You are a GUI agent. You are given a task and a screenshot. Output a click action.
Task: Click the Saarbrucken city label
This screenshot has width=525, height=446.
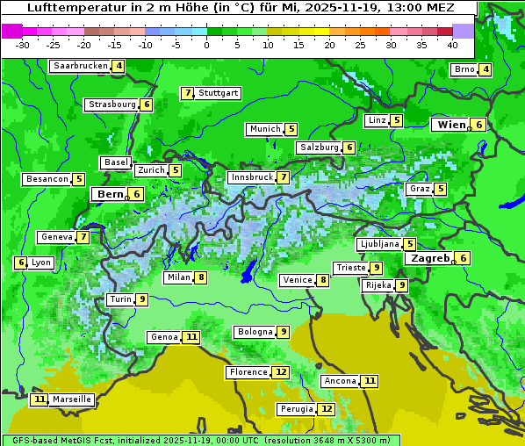pos(80,66)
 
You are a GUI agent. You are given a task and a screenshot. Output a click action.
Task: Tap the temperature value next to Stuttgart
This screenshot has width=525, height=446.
pos(187,93)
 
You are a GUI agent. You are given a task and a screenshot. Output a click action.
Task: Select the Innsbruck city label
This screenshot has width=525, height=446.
pos(250,177)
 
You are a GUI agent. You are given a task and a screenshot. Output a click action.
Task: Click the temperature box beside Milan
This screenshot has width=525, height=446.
pos(201,277)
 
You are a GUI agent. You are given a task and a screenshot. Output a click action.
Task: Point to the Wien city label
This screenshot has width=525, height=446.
pos(451,125)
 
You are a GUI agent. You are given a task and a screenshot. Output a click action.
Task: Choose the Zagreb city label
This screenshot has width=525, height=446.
pos(429,258)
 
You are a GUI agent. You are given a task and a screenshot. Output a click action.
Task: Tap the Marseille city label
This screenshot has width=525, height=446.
pos(72,399)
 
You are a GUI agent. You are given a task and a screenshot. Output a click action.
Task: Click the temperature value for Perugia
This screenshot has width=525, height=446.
pos(327,409)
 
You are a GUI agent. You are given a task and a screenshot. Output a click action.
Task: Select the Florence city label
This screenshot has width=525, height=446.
pos(248,372)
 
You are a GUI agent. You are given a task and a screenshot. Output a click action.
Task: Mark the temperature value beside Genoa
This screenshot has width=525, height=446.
pos(191,337)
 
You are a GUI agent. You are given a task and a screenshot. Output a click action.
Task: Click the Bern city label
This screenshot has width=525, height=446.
pos(110,194)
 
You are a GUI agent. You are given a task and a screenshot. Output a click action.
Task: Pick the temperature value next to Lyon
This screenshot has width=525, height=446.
pos(21,263)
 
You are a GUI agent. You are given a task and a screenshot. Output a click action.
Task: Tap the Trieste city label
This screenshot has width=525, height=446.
pos(350,268)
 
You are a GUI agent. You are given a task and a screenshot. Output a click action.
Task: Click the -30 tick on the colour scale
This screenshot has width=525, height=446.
pos(23,44)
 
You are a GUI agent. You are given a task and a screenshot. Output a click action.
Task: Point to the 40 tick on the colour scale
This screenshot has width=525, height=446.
pos(452,44)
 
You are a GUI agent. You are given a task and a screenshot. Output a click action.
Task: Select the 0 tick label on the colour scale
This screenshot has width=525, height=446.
pos(206,44)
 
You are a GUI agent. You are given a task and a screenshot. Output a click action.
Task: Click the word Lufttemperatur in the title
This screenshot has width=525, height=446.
pos(66,7)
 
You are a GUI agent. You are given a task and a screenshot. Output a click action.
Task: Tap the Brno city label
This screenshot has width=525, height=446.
pos(464,69)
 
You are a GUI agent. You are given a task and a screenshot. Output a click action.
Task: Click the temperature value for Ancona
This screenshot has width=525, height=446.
pos(370,381)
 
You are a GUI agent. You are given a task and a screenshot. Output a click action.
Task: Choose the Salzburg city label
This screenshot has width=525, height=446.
pos(319,147)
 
